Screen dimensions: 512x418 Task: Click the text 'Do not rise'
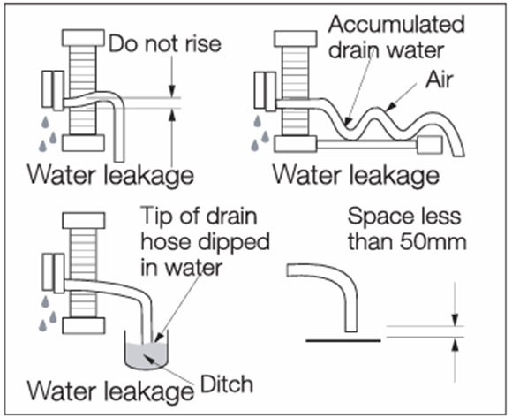coord(164,44)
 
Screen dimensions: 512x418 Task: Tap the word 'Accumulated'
coord(396,24)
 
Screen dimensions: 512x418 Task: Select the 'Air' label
coord(440,79)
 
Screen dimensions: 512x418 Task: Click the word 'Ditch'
coord(227,384)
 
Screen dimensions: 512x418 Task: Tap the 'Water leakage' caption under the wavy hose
coord(356,176)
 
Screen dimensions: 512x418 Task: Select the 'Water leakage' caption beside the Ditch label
coord(110,391)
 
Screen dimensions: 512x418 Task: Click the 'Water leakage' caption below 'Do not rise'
coord(110,176)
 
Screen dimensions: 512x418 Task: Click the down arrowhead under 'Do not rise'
coord(172,91)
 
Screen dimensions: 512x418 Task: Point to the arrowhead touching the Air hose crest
coord(391,105)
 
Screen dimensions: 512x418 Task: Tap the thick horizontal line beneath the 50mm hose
coord(343,340)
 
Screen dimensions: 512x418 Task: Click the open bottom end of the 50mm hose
coord(351,331)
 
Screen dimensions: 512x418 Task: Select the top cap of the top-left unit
coord(83,38)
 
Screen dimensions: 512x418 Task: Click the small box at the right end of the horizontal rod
coord(429,144)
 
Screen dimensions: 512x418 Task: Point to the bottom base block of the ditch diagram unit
coord(84,326)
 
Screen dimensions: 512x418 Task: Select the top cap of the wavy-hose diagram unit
coord(296,39)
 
